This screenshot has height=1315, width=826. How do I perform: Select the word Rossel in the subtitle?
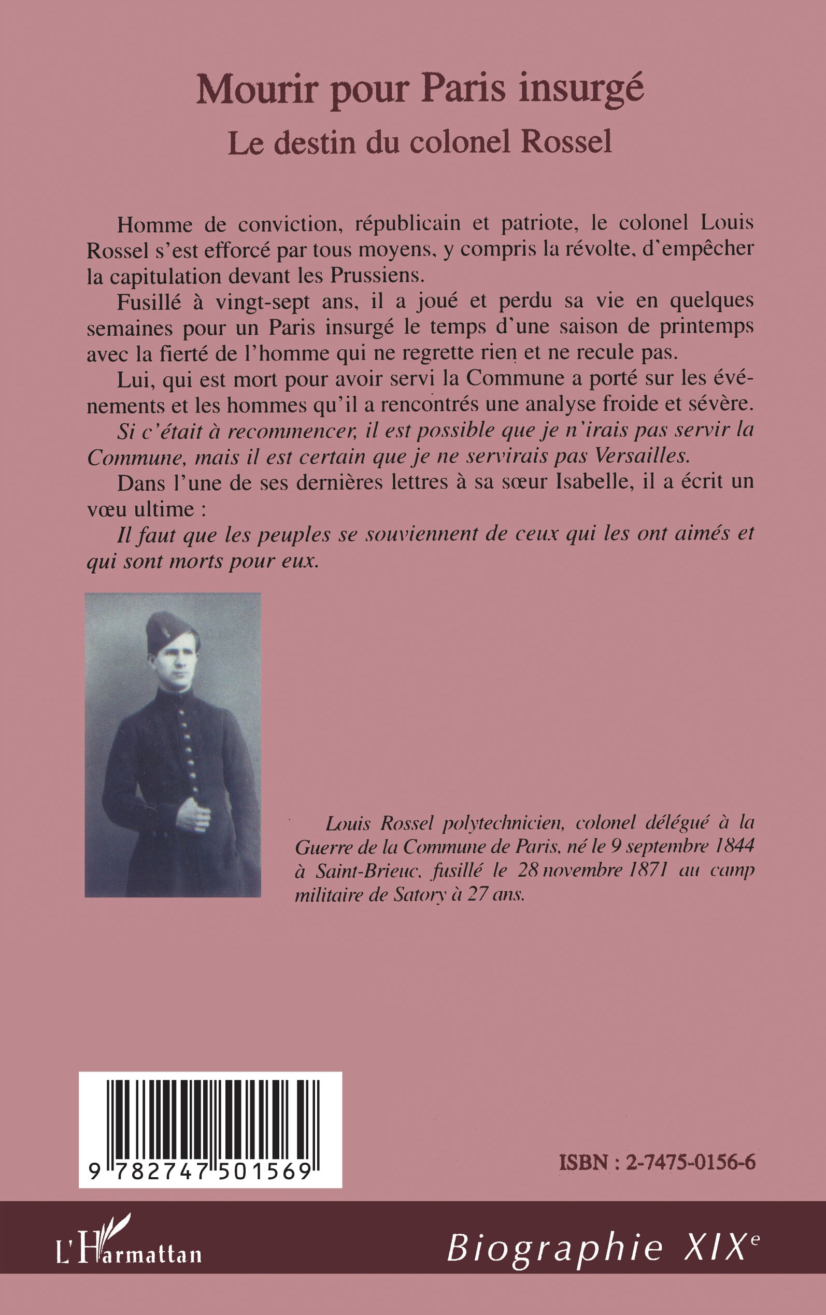[x=566, y=141]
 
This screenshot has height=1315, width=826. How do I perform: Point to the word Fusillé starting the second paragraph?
[x=149, y=301]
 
